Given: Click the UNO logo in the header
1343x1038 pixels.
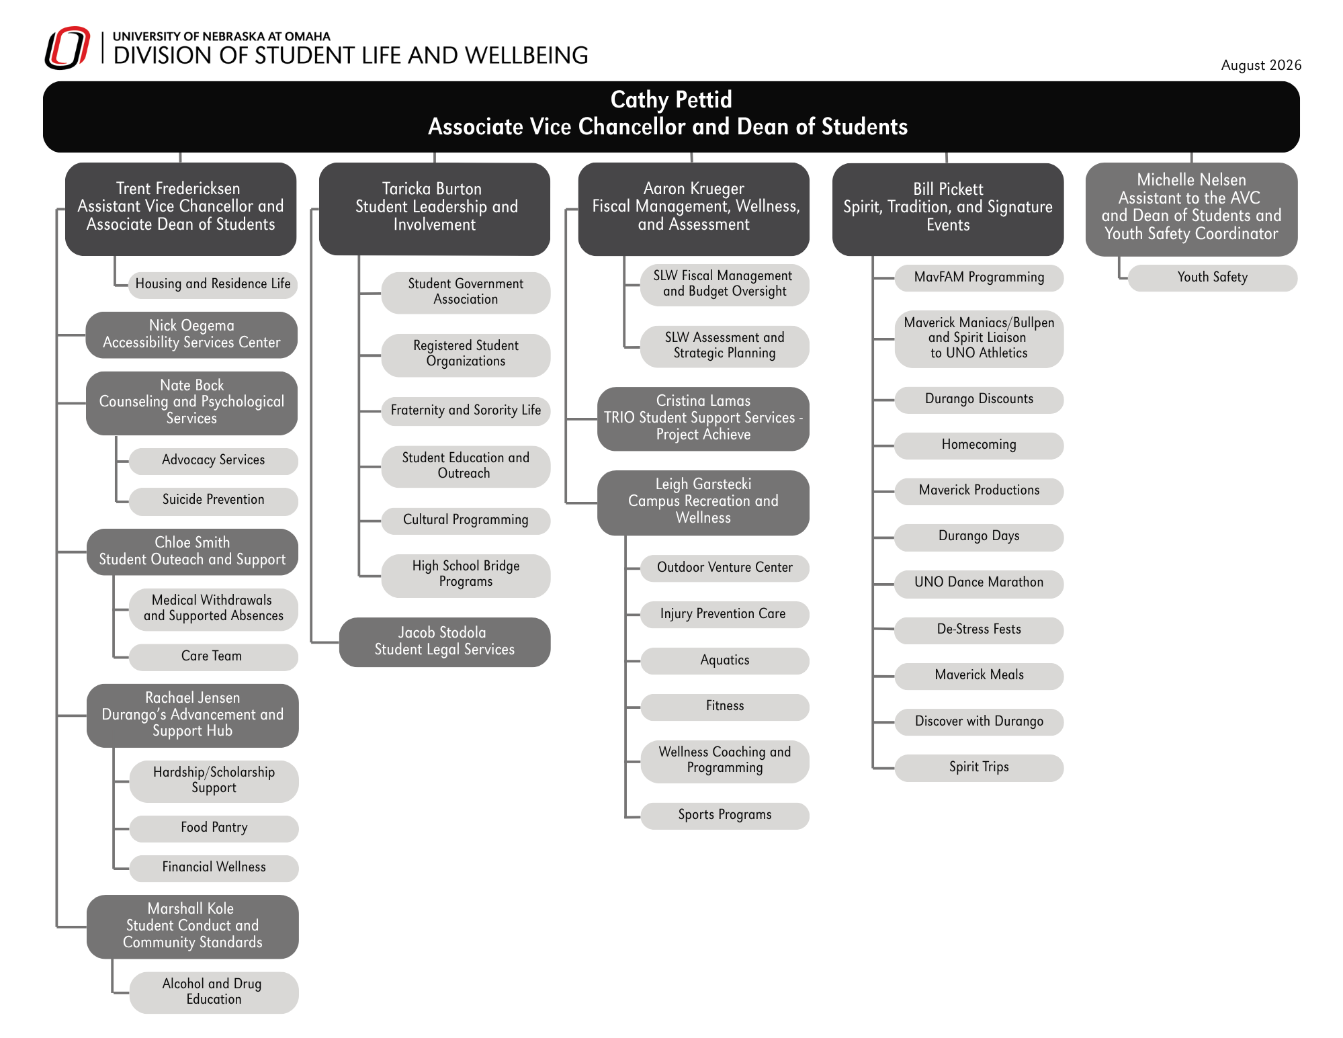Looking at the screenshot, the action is [x=67, y=48].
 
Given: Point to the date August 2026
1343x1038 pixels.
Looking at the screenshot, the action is [x=1261, y=65].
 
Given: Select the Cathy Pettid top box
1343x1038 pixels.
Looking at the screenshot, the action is [x=671, y=117].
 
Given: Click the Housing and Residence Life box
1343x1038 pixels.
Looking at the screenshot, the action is [x=213, y=284].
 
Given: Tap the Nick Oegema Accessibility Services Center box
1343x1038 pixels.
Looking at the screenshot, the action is [x=191, y=335].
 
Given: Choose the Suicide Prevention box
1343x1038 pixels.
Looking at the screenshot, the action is [x=213, y=501].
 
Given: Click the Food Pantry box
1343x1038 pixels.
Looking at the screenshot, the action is [x=214, y=828].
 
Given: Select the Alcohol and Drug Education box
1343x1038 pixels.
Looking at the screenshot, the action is [x=214, y=992].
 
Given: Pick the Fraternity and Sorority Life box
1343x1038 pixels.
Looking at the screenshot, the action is [x=466, y=410].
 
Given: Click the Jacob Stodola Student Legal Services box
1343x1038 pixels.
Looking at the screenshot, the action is [x=445, y=642].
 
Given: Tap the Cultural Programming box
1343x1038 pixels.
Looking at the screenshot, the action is [x=466, y=520].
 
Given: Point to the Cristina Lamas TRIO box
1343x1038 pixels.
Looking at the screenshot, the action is [x=703, y=418].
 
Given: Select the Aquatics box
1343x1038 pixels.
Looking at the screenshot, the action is [x=725, y=660].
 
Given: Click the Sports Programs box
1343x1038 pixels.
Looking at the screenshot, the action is [x=725, y=815].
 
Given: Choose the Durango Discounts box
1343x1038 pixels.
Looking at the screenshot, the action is [x=979, y=399].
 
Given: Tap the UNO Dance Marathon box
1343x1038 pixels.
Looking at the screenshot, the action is [x=979, y=583].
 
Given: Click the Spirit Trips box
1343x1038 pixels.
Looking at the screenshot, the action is [x=979, y=767].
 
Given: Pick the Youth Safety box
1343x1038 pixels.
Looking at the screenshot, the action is [x=1213, y=277].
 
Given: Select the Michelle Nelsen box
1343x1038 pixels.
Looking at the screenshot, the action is [x=1191, y=208].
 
